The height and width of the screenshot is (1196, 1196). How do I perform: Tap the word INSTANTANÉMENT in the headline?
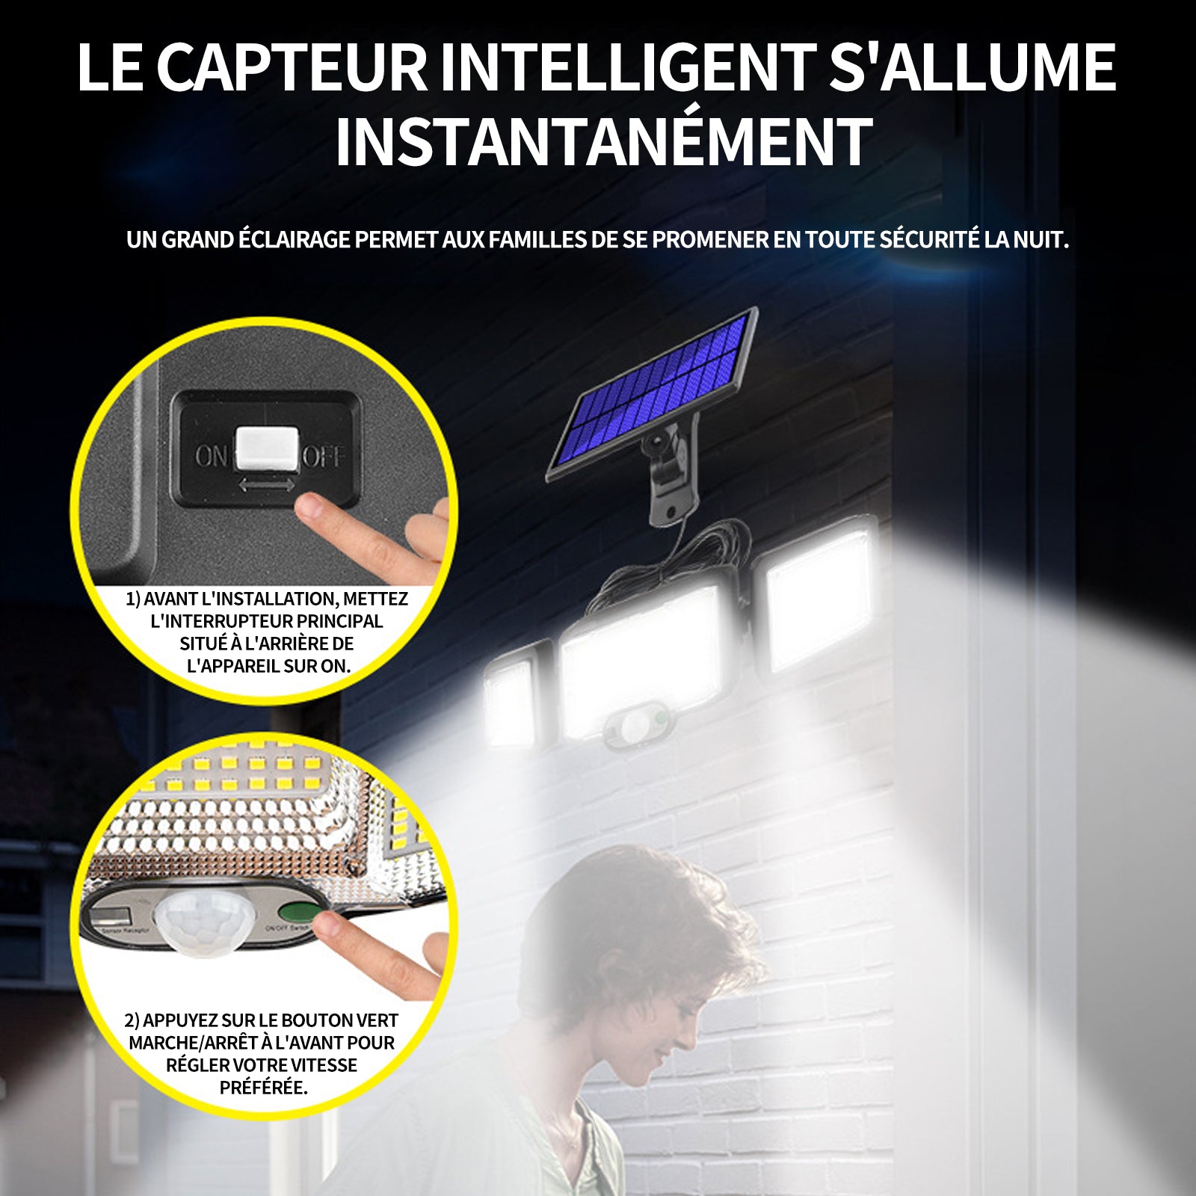coord(603,141)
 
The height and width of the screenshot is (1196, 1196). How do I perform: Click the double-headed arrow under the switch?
coord(267,485)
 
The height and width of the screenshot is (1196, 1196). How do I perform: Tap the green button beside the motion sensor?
coord(295,913)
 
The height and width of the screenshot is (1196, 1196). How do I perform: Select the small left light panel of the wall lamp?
coord(511,699)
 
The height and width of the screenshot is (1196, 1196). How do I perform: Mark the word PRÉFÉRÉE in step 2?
coord(263,1088)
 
